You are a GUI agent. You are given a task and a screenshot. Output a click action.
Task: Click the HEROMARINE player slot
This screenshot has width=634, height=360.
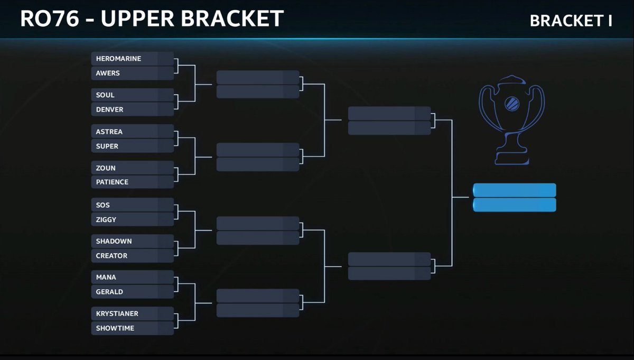tap(132, 59)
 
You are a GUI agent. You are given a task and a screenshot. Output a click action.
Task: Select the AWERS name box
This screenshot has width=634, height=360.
tap(132, 73)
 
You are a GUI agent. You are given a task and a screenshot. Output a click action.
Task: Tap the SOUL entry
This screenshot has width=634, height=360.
tap(132, 95)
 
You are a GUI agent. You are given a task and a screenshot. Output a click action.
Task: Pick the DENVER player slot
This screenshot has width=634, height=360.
tap(132, 109)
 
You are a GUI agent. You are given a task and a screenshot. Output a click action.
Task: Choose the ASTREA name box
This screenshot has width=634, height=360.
tap(132, 132)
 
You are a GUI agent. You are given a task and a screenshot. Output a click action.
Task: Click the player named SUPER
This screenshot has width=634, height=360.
tap(132, 146)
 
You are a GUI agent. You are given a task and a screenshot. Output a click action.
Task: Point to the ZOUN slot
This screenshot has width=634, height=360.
tap(132, 168)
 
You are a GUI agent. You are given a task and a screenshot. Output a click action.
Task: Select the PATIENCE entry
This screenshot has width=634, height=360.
tap(132, 182)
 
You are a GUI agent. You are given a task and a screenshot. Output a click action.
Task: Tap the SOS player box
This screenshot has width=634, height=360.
tap(132, 205)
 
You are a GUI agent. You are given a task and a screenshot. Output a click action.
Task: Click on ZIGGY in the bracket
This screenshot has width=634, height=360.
tap(132, 219)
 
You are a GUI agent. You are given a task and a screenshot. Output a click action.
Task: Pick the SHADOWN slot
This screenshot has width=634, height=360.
tap(132, 241)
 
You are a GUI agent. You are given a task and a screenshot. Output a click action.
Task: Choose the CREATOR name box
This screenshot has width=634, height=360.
tap(132, 255)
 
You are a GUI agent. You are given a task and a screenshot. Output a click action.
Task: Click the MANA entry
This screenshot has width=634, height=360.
tap(132, 277)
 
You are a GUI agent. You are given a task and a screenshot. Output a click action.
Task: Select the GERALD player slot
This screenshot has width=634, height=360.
tap(132, 291)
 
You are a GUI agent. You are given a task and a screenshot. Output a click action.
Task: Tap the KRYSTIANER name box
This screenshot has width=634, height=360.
tap(132, 313)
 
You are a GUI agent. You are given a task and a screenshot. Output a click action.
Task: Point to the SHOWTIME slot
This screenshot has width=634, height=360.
tap(132, 328)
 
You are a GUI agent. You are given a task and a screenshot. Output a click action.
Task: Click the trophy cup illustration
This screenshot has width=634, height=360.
tap(511, 119)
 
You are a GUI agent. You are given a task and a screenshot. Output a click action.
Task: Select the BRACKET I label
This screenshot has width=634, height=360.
tap(571, 21)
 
